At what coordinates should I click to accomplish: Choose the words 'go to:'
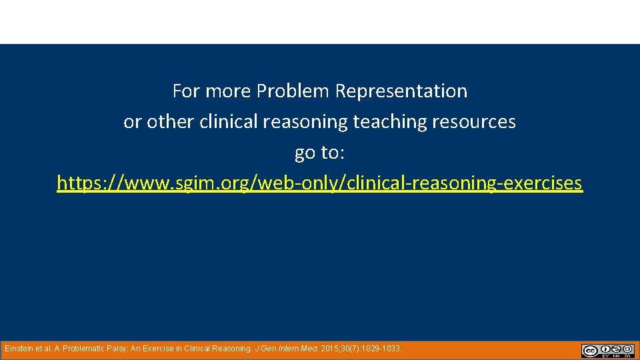319,153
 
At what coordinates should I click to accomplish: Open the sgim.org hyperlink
319,183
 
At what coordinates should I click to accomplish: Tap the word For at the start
186,91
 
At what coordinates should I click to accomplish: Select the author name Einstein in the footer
20,349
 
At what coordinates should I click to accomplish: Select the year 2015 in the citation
331,349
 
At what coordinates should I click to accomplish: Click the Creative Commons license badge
607,351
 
